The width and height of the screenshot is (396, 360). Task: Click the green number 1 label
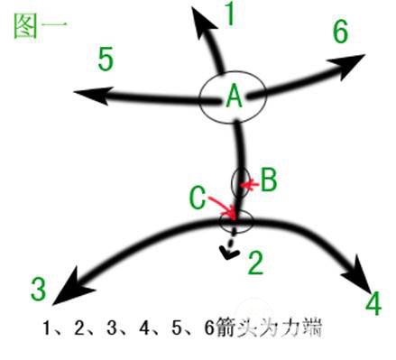tap(229, 14)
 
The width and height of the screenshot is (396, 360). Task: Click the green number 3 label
tap(38, 289)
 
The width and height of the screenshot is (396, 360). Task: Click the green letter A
tap(234, 96)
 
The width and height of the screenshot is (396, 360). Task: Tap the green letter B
tap(268, 180)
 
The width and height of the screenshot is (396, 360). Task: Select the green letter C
tap(198, 198)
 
